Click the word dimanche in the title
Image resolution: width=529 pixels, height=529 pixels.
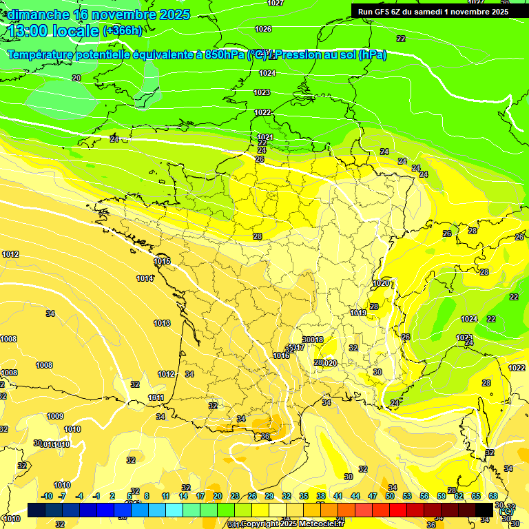pyautogui.click(x=37, y=14)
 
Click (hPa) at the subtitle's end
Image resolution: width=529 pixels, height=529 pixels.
pyautogui.click(x=373, y=54)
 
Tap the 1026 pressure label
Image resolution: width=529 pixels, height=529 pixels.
pyautogui.click(x=263, y=29)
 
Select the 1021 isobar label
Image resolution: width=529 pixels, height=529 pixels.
pyautogui.click(x=264, y=137)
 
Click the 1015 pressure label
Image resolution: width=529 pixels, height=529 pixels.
pyautogui.click(x=163, y=262)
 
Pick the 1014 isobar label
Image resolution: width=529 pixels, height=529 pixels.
pyautogui.click(x=145, y=278)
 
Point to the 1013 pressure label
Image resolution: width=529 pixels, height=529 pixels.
pyautogui.click(x=162, y=323)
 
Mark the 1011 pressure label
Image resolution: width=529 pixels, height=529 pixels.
pyautogui.click(x=156, y=397)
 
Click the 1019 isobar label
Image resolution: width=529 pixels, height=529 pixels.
pyautogui.click(x=358, y=313)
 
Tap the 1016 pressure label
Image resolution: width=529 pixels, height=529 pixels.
pyautogui.click(x=281, y=355)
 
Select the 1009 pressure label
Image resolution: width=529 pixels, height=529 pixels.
pyautogui.click(x=55, y=416)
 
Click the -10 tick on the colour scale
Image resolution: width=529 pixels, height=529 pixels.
pyautogui.click(x=47, y=496)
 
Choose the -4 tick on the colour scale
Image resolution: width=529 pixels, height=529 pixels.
pyautogui.click(x=79, y=496)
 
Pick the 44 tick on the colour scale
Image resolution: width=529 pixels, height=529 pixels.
pyautogui.click(x=355, y=496)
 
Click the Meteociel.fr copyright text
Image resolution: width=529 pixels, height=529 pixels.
pyautogui.click(x=290, y=524)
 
